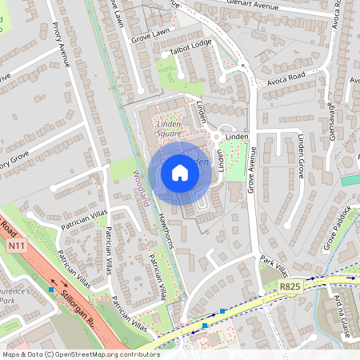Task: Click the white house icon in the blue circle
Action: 180,173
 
